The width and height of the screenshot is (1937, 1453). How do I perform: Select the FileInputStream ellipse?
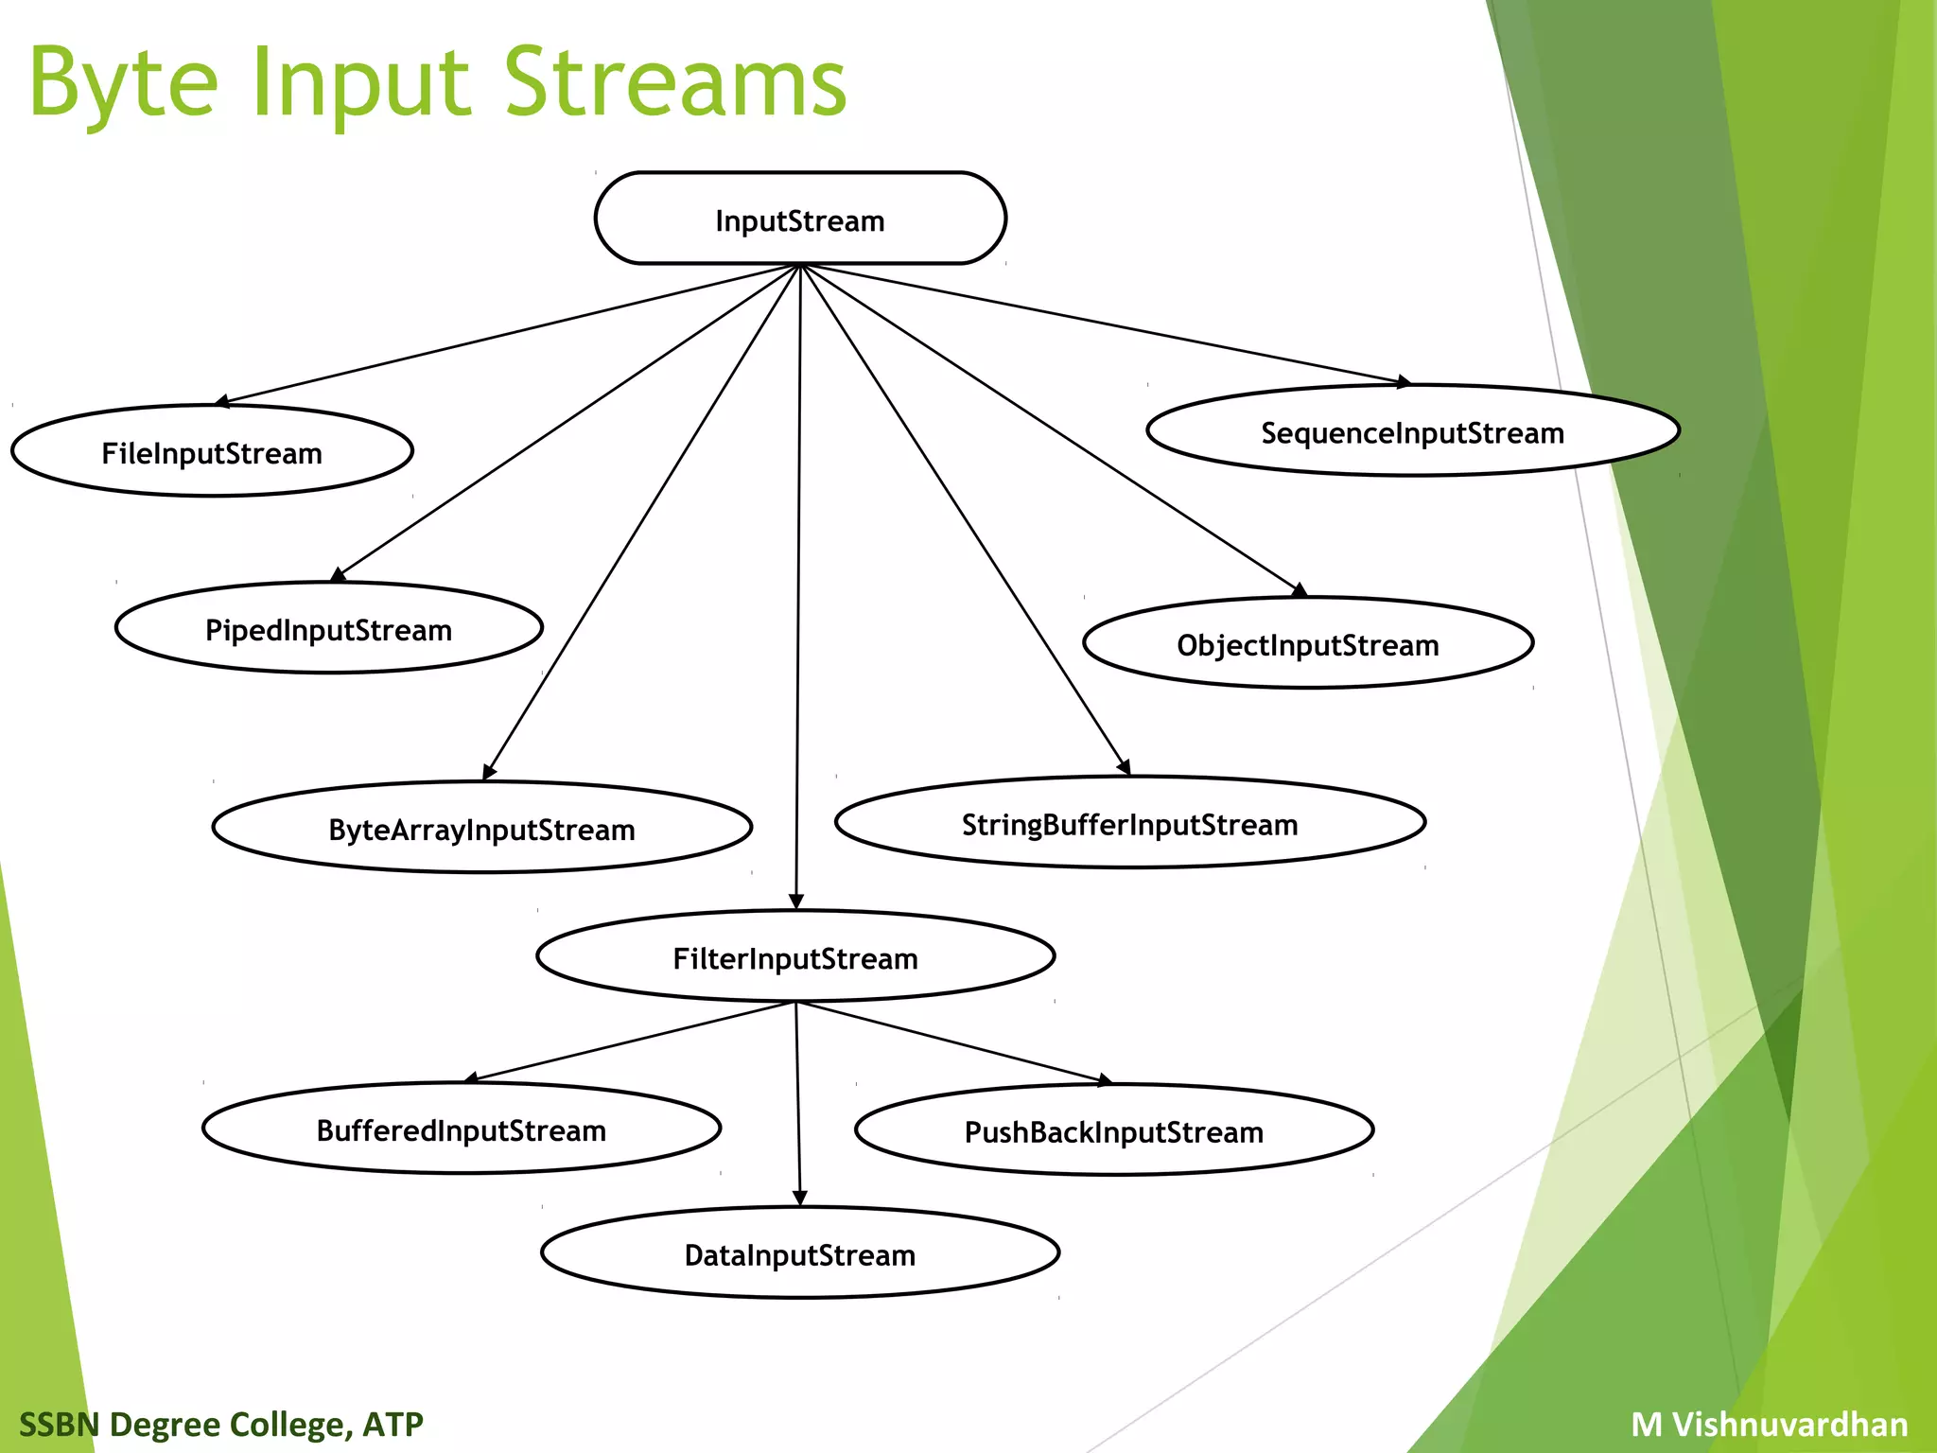click(x=212, y=451)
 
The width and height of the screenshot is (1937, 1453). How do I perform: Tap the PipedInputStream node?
click(x=328, y=628)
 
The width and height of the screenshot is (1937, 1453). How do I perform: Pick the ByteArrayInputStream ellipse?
click(x=481, y=828)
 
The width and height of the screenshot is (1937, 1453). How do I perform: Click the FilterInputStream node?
click(x=795, y=956)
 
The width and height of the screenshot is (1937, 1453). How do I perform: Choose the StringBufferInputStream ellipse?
click(x=1130, y=823)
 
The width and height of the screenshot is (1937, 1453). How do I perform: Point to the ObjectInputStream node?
click(x=1308, y=643)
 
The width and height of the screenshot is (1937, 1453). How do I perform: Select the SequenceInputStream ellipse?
click(x=1413, y=431)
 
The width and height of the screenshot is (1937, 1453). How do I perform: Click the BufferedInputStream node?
click(x=462, y=1129)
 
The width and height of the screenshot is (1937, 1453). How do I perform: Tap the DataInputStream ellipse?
click(x=800, y=1253)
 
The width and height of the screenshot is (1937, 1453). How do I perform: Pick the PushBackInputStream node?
click(x=1114, y=1130)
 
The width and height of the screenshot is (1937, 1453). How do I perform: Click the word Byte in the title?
click(x=124, y=85)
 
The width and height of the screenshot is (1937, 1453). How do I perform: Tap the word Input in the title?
click(x=360, y=85)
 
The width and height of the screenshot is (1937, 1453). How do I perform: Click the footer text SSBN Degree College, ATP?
click(x=221, y=1424)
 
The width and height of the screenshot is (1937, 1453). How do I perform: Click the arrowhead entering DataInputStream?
click(x=799, y=1199)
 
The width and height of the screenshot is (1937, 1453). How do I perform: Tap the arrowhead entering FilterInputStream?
click(x=796, y=902)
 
